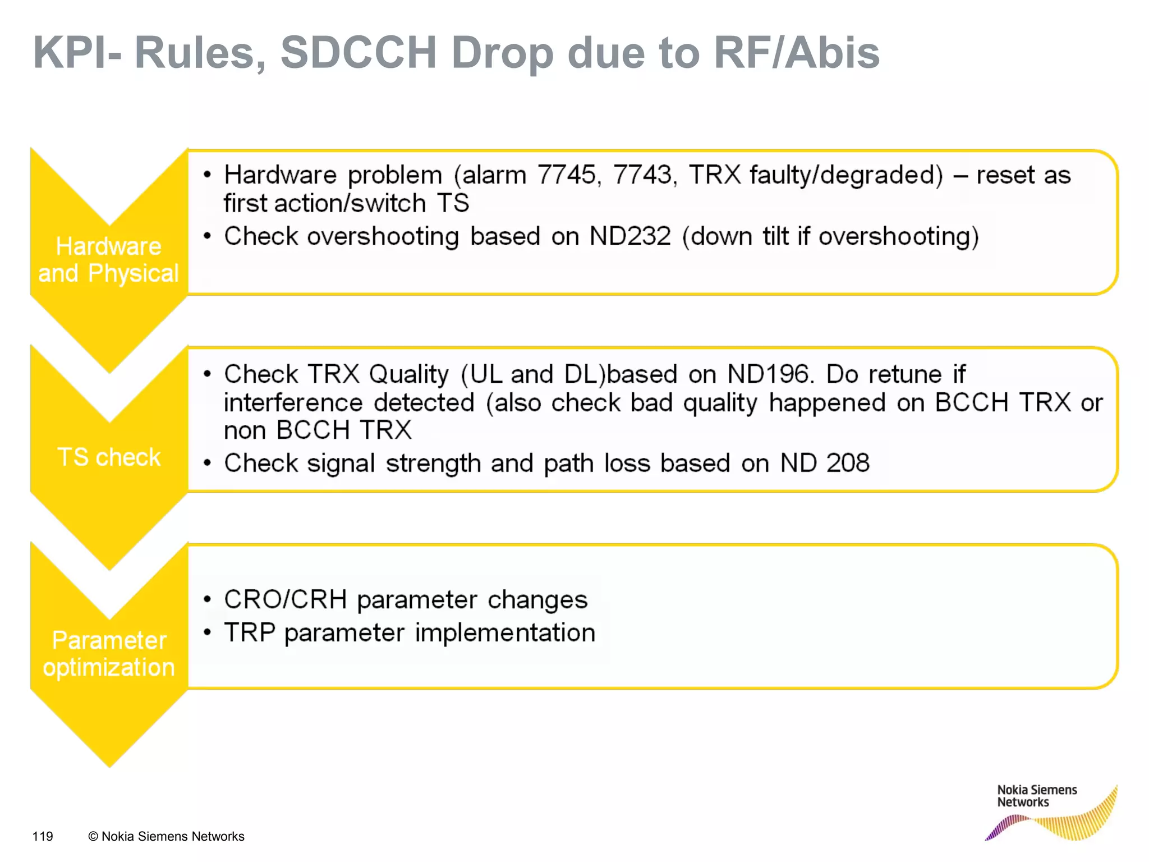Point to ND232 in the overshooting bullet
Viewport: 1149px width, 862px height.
629,236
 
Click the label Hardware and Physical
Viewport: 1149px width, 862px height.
108,260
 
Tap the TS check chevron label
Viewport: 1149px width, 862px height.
109,457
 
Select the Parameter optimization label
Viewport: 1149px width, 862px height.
109,654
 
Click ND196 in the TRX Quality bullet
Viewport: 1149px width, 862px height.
770,374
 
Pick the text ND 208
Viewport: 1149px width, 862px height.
825,464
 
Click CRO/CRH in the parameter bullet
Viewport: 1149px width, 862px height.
285,599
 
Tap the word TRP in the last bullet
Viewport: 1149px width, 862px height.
250,632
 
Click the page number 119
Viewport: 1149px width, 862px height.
43,836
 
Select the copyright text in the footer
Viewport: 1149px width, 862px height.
166,836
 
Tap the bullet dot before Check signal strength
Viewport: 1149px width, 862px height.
207,464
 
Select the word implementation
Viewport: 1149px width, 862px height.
505,632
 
